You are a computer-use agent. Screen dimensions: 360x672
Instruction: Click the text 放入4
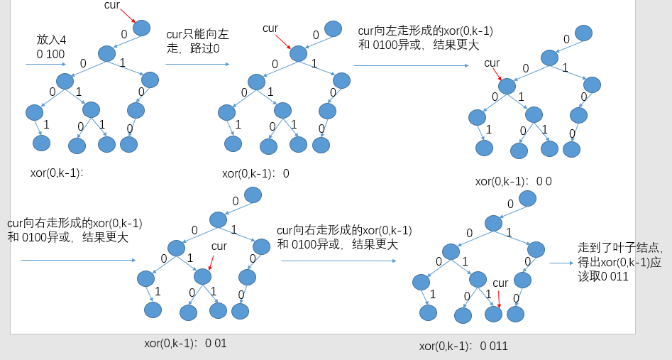52,40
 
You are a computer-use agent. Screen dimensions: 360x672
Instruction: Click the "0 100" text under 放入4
52,54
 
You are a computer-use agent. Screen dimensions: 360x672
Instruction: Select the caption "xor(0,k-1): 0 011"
463,347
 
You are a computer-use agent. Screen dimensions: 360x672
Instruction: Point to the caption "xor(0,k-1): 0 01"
185,343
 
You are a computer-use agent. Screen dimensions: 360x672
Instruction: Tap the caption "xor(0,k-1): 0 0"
513,181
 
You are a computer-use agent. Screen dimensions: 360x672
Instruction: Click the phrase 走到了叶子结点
620,249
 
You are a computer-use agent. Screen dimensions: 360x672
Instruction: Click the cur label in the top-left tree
112,6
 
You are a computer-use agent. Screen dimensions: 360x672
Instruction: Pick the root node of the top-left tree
142,28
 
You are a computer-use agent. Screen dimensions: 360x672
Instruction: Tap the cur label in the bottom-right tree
500,283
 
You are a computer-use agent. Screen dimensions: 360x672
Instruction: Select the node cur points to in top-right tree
507,86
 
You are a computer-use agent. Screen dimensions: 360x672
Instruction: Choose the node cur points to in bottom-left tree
204,276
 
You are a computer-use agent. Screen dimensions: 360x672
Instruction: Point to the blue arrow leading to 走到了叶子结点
561,263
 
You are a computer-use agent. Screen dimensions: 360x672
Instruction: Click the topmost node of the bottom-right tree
527,197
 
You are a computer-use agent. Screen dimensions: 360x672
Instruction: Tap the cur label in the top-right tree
492,63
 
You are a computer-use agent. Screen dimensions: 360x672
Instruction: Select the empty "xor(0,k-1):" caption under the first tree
57,173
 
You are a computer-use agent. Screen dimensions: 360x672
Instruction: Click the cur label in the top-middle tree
270,28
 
